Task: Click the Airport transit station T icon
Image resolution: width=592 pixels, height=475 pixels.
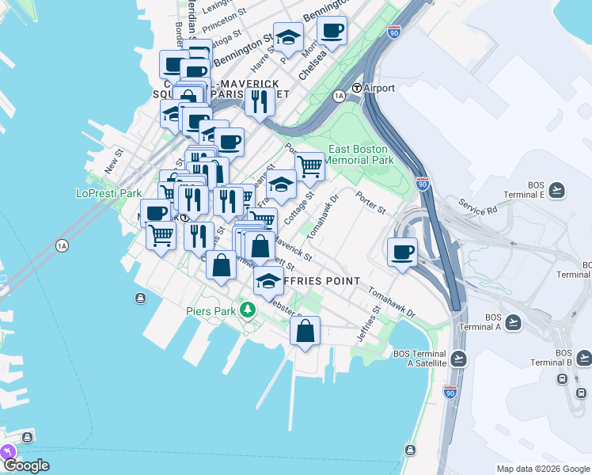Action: [358, 88]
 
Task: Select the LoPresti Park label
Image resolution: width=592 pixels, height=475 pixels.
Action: [108, 193]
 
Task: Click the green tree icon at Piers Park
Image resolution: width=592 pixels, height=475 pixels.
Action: [248, 309]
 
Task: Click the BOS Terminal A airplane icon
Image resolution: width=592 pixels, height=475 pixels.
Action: [514, 321]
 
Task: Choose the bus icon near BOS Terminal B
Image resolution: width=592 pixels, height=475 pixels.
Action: [563, 378]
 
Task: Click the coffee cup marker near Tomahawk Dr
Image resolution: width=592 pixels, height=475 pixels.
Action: [403, 252]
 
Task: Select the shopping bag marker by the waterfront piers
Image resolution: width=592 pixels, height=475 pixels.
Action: [305, 330]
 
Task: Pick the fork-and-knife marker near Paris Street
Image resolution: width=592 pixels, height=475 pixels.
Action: [259, 101]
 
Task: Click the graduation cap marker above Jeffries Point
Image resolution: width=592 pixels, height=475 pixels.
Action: [269, 280]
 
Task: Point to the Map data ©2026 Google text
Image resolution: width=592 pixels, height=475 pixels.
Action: [542, 469]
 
